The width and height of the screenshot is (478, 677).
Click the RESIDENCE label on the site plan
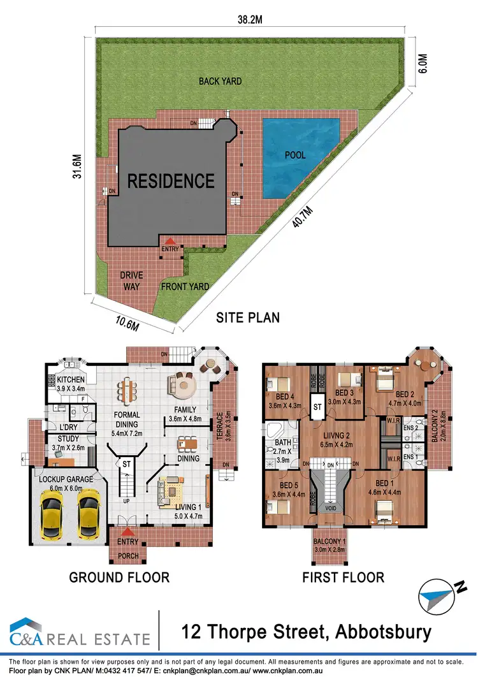click(171, 181)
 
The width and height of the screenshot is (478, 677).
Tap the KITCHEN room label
click(71, 380)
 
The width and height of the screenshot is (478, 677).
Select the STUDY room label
click(68, 439)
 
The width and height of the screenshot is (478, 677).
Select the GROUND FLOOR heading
click(119, 578)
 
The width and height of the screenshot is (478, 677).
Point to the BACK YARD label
click(220, 81)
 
